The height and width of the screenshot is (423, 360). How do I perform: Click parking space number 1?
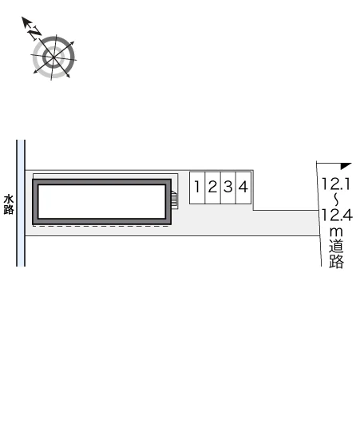[197, 188]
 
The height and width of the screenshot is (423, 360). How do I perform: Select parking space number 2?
[213, 188]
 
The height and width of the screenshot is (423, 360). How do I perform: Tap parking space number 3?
[228, 188]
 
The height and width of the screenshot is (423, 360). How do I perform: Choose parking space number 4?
[243, 188]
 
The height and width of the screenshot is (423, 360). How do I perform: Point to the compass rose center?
[53, 57]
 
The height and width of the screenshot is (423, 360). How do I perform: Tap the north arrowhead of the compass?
[26, 22]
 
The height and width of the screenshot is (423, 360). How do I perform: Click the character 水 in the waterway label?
[9, 200]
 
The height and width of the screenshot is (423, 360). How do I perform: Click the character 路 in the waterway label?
[9, 210]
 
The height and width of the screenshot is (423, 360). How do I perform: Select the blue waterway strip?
[21, 204]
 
